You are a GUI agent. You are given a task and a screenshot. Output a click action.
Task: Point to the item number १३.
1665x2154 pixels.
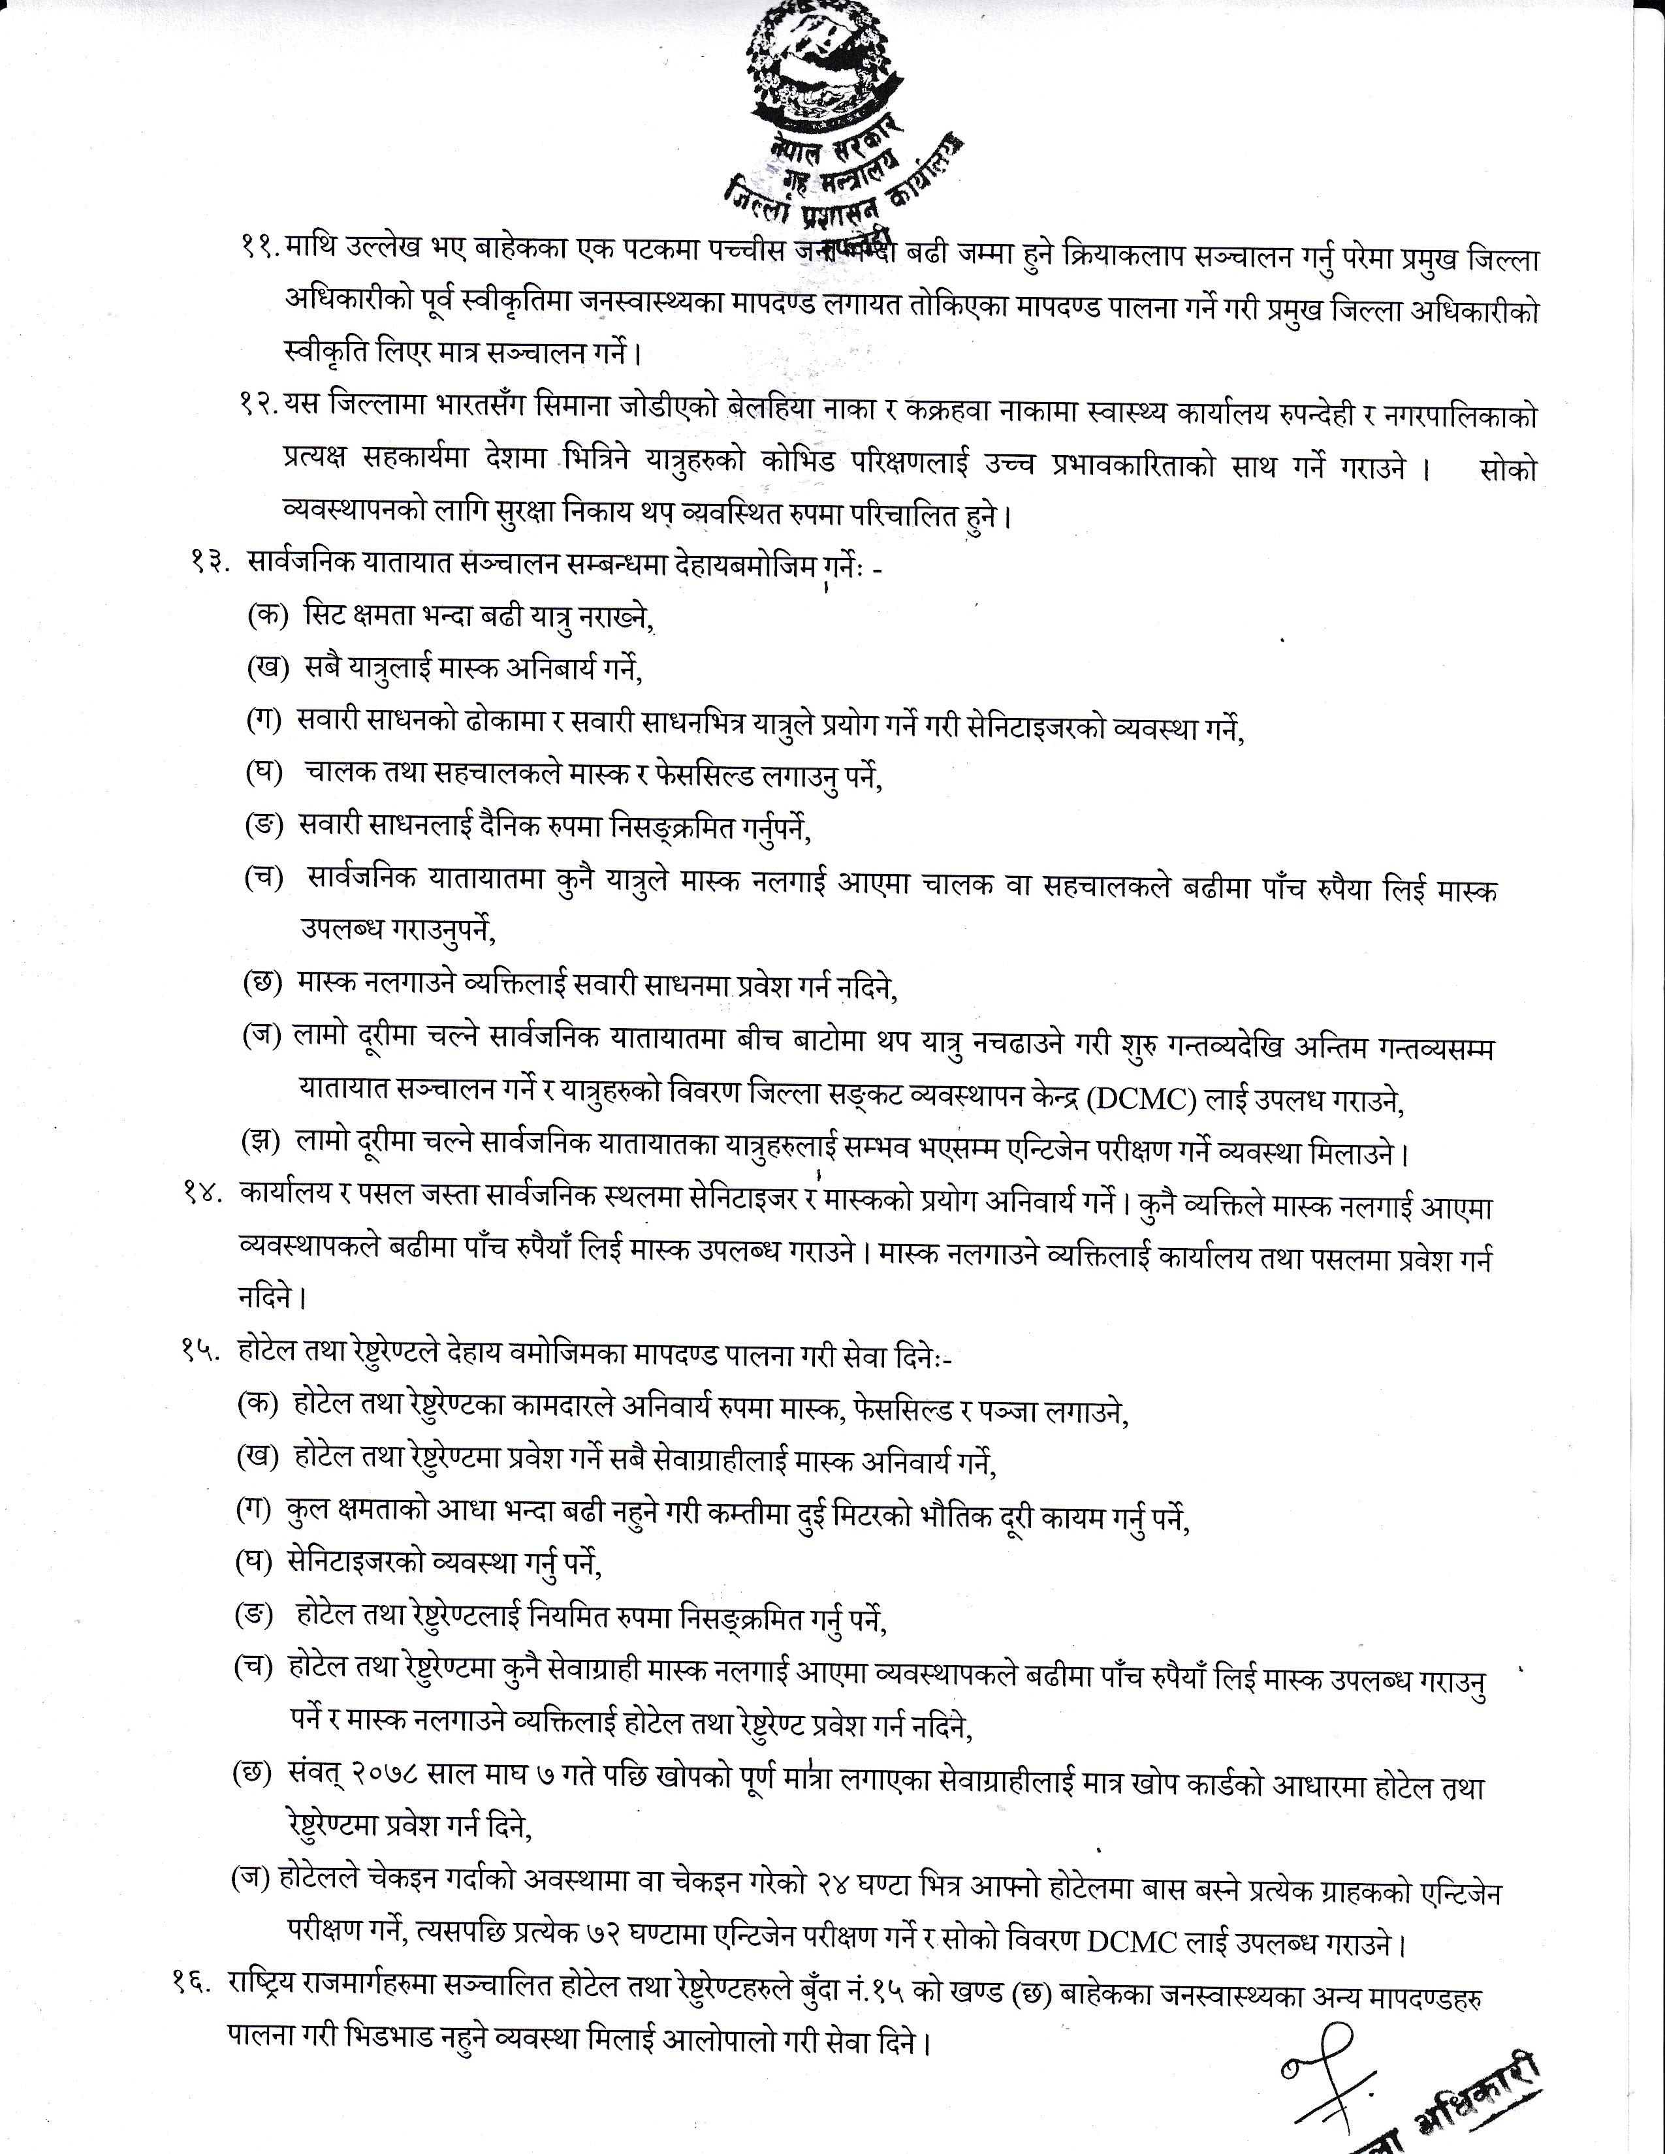coord(209,564)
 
